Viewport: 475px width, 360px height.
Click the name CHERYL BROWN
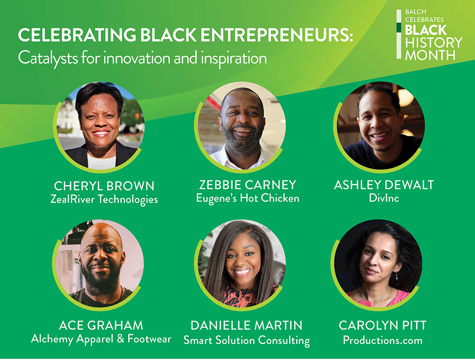pyautogui.click(x=104, y=185)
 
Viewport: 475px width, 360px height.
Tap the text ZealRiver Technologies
pyautogui.click(x=104, y=199)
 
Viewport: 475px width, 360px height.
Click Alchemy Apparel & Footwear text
pyautogui.click(x=101, y=339)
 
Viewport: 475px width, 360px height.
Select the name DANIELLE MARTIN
pyautogui.click(x=247, y=325)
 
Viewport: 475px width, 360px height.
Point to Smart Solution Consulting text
pyautogui.click(x=247, y=340)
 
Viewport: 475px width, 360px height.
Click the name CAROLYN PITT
pyautogui.click(x=382, y=325)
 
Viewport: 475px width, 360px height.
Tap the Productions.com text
pyautogui.click(x=382, y=340)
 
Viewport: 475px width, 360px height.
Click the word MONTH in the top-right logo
pyautogui.click(x=430, y=55)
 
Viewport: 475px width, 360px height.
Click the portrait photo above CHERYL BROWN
pyautogui.click(x=100, y=126)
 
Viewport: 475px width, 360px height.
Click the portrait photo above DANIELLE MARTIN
pyautogui.click(x=242, y=263)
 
